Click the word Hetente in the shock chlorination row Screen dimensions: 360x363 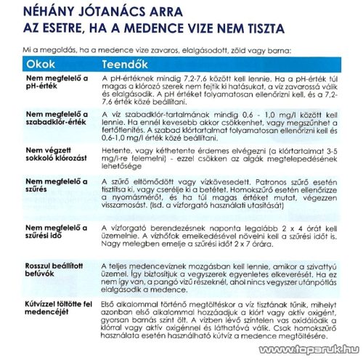point(116,148)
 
